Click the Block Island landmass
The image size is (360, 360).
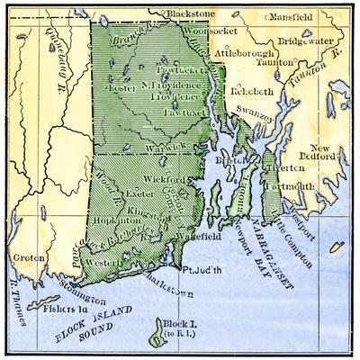click(161, 337)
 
